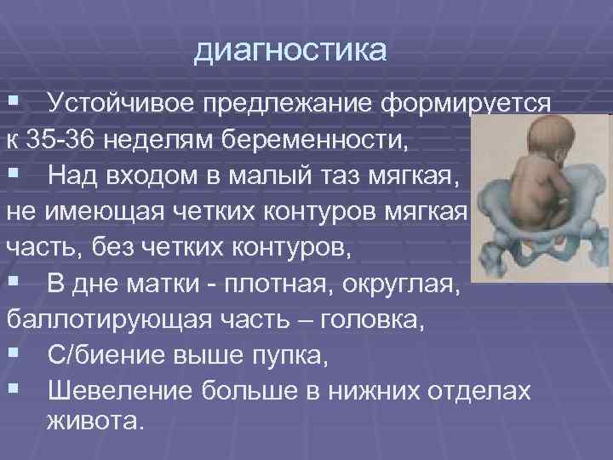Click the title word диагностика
pos(290,49)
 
